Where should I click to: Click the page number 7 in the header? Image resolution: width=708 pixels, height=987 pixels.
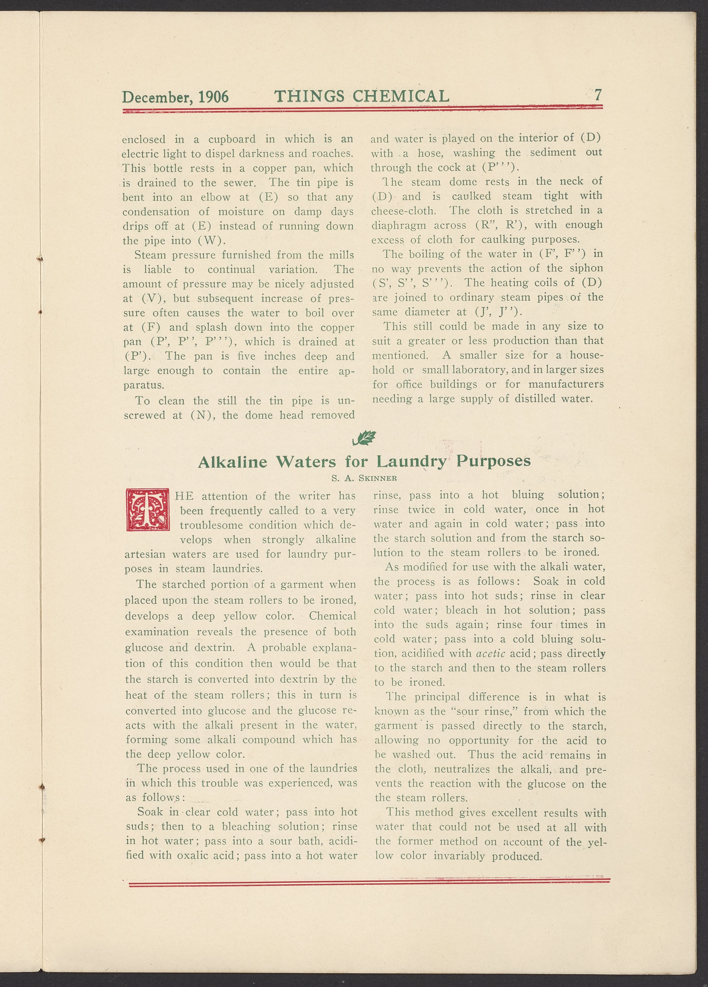(x=598, y=95)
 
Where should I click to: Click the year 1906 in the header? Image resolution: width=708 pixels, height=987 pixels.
(x=213, y=97)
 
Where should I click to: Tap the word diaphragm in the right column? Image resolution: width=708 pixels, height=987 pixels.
(x=398, y=225)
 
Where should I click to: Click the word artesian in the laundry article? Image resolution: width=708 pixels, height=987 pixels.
(x=145, y=554)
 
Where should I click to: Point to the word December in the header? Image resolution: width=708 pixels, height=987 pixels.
(x=157, y=97)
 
